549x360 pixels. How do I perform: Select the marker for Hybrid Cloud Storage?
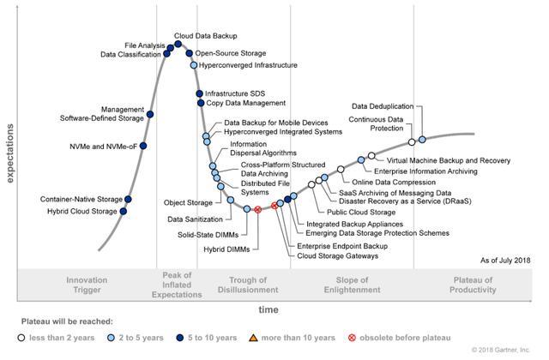coord(124,211)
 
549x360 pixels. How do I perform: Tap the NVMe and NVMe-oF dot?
coord(143,147)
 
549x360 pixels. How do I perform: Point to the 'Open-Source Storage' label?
coord(230,53)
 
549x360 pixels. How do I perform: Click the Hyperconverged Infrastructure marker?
coord(194,65)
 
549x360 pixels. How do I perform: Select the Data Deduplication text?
coord(383,106)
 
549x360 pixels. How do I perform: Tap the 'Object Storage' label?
coord(187,203)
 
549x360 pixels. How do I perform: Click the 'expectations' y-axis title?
coord(10,153)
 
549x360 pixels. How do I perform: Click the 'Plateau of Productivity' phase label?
coord(474,285)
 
